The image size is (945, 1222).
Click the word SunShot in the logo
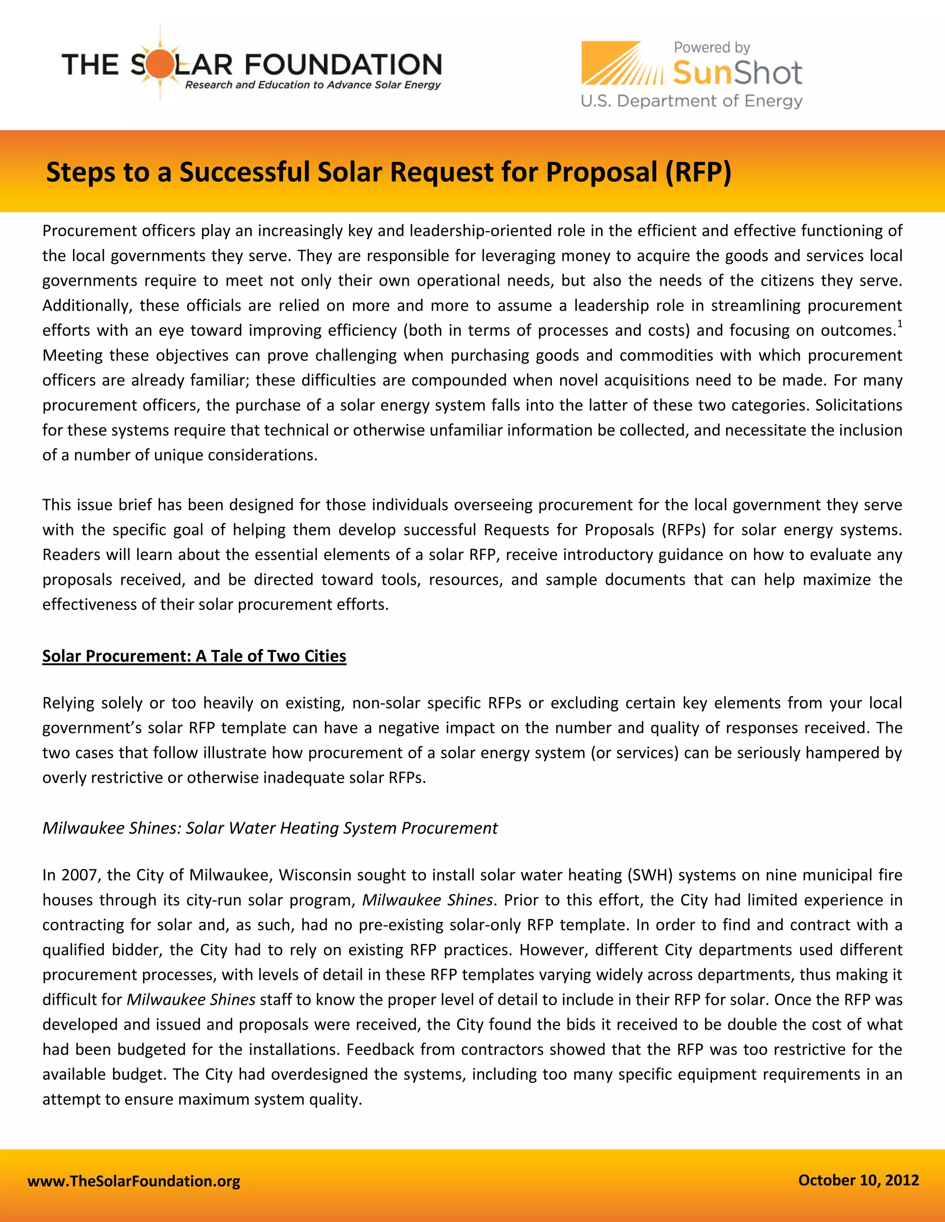point(737,73)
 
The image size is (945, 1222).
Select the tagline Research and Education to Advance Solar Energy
point(313,85)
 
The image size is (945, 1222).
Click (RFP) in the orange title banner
point(698,172)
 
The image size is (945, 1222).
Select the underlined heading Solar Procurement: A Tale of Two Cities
point(194,656)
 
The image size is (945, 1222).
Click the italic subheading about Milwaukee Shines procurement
point(270,828)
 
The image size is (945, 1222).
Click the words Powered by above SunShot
point(712,47)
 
